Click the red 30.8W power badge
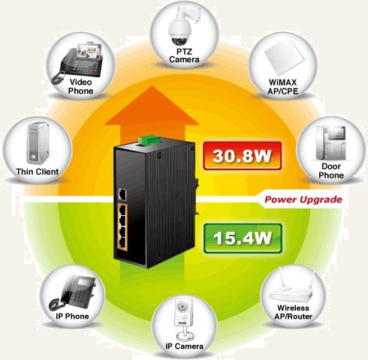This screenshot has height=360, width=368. point(242,156)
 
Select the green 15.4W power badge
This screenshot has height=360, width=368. point(243,238)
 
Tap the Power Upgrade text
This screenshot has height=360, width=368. point(303,199)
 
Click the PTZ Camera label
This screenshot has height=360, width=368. point(184,55)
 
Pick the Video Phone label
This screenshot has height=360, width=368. point(80,86)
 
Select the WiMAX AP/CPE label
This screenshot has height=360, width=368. point(282,87)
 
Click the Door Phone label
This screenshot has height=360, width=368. point(331,171)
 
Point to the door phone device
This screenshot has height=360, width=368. point(330,142)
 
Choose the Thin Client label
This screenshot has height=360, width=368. point(38,172)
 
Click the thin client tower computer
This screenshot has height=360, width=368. point(38,142)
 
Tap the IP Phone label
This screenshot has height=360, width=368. point(72,316)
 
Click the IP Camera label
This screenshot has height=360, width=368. point(184,346)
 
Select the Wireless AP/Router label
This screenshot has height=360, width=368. point(293,312)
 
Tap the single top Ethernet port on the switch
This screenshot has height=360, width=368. point(122,194)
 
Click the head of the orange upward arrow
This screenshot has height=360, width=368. point(152,106)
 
